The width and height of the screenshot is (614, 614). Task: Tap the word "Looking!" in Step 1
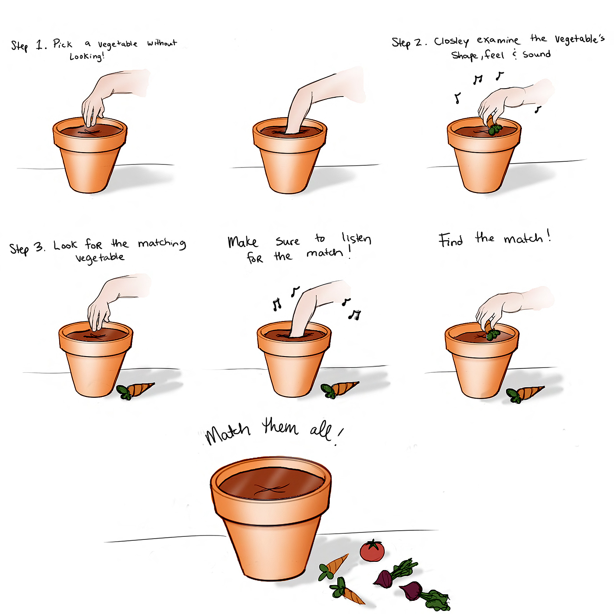[x=87, y=57]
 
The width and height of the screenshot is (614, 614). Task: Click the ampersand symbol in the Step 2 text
[x=514, y=54]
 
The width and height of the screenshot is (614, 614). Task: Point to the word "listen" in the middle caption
[x=356, y=238]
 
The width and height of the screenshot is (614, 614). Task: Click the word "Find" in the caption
[x=450, y=239]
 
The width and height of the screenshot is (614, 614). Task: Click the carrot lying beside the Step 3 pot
[x=135, y=390]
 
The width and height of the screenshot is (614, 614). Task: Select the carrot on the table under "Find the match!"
[x=525, y=394]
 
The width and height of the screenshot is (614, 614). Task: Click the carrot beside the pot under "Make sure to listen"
[x=339, y=389]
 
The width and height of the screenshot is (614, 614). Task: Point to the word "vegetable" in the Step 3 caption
[x=100, y=257]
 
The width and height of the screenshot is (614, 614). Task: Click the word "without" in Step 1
[x=162, y=43]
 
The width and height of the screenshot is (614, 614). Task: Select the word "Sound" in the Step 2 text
[x=536, y=54]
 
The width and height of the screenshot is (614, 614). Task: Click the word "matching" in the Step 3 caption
[x=162, y=244]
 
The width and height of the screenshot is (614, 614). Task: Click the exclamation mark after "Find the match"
[x=549, y=236]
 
